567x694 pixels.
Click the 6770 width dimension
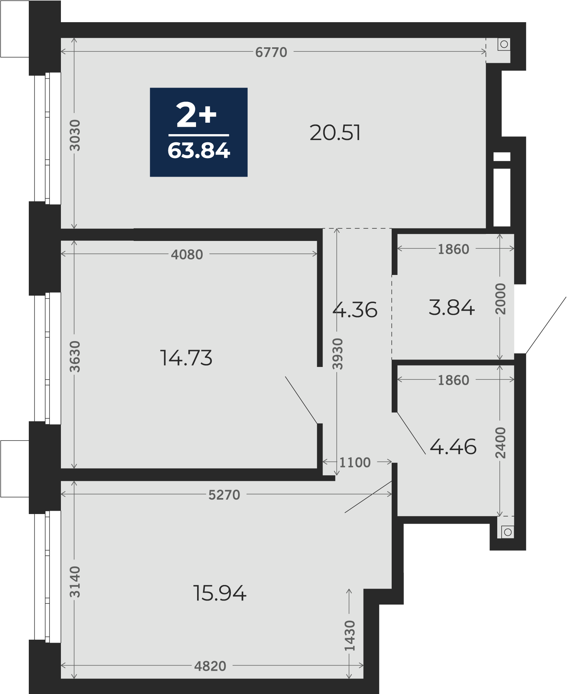[x=271, y=52]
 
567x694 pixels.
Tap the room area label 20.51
[x=335, y=133]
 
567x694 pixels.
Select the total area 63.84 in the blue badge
[x=199, y=151]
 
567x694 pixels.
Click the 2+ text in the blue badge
[x=196, y=115]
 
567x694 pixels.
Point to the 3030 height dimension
[x=75, y=135]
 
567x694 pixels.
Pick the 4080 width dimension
[x=187, y=255]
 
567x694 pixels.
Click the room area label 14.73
[x=186, y=358]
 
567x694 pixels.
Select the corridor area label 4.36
[x=355, y=310]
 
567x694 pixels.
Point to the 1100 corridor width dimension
[x=355, y=462]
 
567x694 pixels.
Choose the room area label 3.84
[x=451, y=307]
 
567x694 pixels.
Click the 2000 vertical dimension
[x=501, y=299]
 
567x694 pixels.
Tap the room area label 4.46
[x=453, y=447]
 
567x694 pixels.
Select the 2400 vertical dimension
[x=501, y=442]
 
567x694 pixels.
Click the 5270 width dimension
[x=224, y=495]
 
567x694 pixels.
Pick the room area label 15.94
[x=220, y=593]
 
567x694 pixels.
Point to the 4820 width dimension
[x=210, y=666]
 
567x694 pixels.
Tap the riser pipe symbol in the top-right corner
[x=504, y=45]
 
